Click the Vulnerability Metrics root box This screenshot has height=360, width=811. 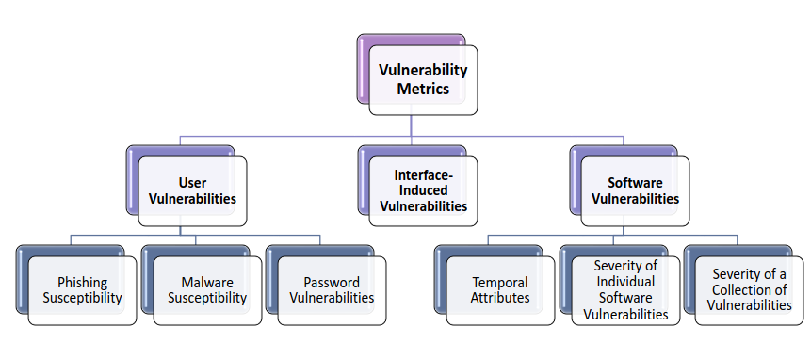click(x=423, y=80)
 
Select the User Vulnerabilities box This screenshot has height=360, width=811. click(x=192, y=190)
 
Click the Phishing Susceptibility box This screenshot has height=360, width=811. click(x=82, y=290)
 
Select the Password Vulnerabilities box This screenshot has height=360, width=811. click(x=332, y=290)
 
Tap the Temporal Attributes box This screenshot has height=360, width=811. click(x=500, y=290)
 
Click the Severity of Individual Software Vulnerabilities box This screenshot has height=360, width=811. click(x=624, y=290)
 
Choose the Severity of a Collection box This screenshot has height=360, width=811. click(x=750, y=290)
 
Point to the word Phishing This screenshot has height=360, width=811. click(x=82, y=283)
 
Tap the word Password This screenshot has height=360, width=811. click(x=332, y=283)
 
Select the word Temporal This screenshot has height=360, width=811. click(x=500, y=283)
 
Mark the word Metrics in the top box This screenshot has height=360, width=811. click(x=423, y=90)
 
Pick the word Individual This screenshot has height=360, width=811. click(x=624, y=283)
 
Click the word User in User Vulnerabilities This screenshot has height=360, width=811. click(x=192, y=183)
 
